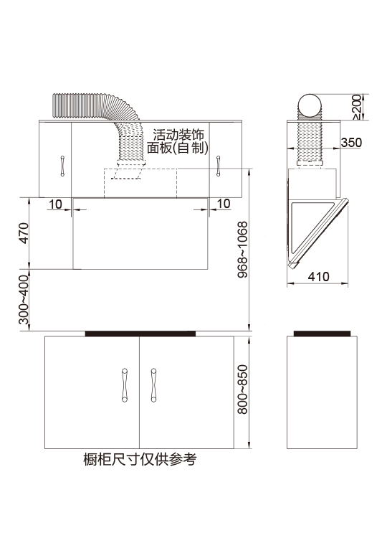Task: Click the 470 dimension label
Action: pos(24,233)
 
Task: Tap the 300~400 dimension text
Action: pos(24,300)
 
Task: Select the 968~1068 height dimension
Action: pos(242,250)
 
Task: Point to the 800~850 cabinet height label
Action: pos(242,390)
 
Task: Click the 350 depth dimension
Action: pos(351,142)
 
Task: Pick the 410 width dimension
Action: pos(318,276)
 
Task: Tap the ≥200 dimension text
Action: pos(357,107)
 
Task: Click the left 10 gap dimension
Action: pos(55,204)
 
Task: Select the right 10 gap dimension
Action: pos(224,204)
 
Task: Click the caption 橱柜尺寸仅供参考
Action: pos(140,459)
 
